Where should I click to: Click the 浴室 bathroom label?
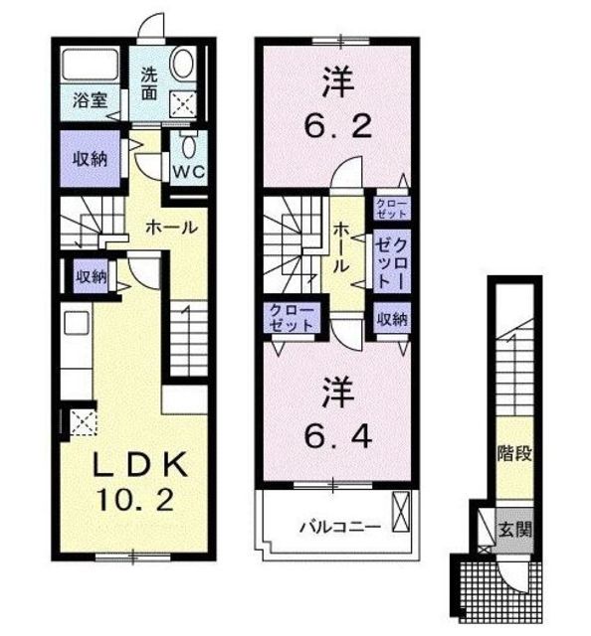click(90, 100)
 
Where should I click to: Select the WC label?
click(188, 172)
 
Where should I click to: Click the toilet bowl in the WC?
click(188, 146)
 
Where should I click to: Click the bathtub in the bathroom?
click(91, 64)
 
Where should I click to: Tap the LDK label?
click(141, 465)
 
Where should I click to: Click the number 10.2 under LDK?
click(134, 500)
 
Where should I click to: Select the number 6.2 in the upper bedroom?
click(338, 126)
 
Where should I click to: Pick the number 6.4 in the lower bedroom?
click(338, 436)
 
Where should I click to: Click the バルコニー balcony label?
click(340, 528)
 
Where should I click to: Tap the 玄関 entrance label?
click(514, 529)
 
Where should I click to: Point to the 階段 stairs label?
click(514, 453)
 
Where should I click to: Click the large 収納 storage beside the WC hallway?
click(90, 159)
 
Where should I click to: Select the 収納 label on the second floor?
click(392, 319)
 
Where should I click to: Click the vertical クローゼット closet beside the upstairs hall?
click(392, 263)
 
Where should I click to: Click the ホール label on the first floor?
click(171, 228)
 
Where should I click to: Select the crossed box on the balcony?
click(401, 511)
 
